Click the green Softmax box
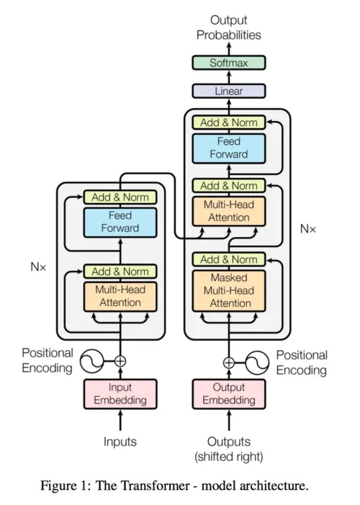228,63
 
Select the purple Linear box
228,91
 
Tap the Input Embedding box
120,394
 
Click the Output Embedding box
228,394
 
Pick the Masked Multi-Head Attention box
228,290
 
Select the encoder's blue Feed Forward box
120,222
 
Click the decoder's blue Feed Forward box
228,148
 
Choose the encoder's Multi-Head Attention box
120,296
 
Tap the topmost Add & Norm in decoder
228,122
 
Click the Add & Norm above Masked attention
228,259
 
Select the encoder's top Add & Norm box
120,197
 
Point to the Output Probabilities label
228,27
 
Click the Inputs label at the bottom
120,442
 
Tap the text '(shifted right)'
228,456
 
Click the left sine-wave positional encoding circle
92,361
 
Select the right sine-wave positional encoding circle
256,362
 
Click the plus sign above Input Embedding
120,361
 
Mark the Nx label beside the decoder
307,228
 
